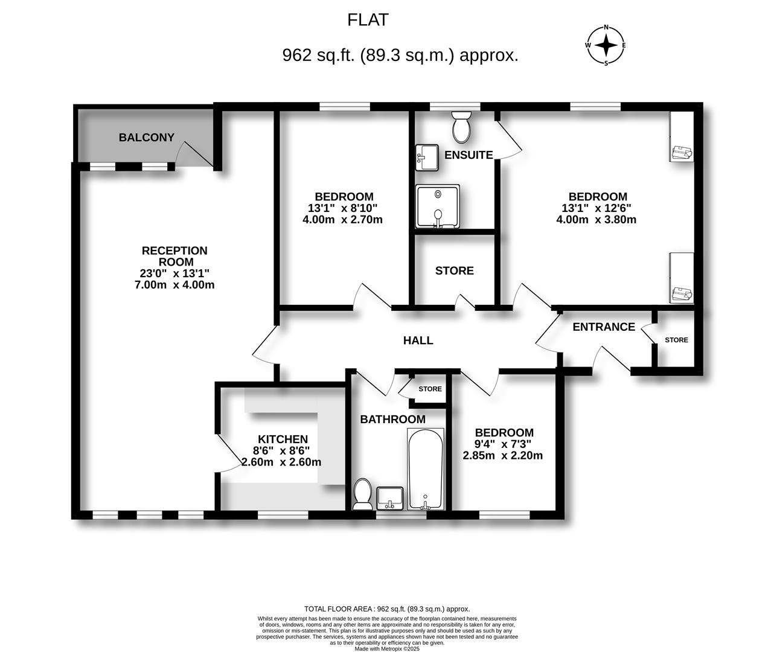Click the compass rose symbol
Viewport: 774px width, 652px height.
click(606, 45)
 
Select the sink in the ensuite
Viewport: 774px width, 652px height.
click(428, 157)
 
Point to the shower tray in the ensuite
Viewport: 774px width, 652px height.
click(437, 206)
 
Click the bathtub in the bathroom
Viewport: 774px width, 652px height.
click(426, 469)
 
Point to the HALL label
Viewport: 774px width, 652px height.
click(418, 340)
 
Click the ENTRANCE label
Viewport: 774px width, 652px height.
click(603, 327)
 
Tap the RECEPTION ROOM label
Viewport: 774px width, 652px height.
click(174, 256)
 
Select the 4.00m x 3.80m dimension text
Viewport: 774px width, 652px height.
click(596, 220)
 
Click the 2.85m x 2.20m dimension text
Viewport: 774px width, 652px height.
click(502, 456)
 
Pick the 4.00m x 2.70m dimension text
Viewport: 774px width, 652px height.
click(342, 220)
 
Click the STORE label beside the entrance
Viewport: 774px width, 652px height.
click(676, 340)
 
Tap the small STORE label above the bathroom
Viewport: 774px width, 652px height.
click(430, 389)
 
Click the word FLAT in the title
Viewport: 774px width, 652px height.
click(368, 20)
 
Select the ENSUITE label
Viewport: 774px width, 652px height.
click(469, 155)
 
